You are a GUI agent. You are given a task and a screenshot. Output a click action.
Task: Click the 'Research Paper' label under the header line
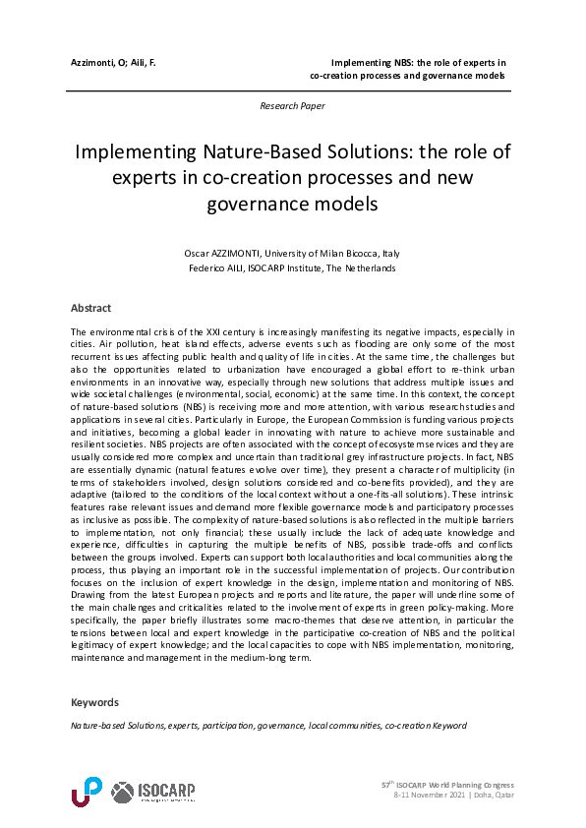[292, 105]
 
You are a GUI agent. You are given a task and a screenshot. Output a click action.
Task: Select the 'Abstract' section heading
[91, 308]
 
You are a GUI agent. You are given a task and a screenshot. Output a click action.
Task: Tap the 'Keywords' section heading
[94, 702]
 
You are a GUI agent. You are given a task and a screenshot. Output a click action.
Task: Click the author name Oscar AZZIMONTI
[227, 253]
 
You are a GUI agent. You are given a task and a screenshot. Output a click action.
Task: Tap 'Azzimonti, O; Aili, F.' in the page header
[114, 62]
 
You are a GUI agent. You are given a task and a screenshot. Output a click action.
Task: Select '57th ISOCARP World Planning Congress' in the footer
[446, 785]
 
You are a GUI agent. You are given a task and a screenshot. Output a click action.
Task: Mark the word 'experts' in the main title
[147, 179]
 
